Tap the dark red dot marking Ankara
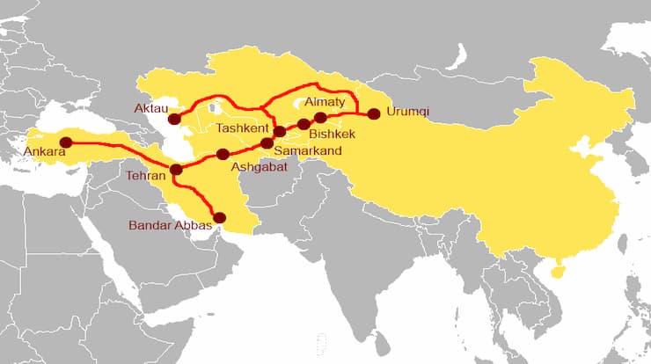pyautogui.click(x=65, y=142)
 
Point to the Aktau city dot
pyautogui.click(x=174, y=119)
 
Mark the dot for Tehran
pyautogui.click(x=176, y=170)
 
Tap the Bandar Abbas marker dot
pyautogui.click(x=220, y=217)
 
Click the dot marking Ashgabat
pyautogui.click(x=223, y=155)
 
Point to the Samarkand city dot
pyautogui.click(x=267, y=142)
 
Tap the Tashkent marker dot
pyautogui.click(x=280, y=132)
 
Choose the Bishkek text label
pyautogui.click(x=332, y=135)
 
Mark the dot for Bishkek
pyautogui.click(x=304, y=124)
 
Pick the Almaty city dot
pyautogui.click(x=320, y=117)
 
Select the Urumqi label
pyautogui.click(x=409, y=113)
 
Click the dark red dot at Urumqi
pyautogui.click(x=374, y=113)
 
